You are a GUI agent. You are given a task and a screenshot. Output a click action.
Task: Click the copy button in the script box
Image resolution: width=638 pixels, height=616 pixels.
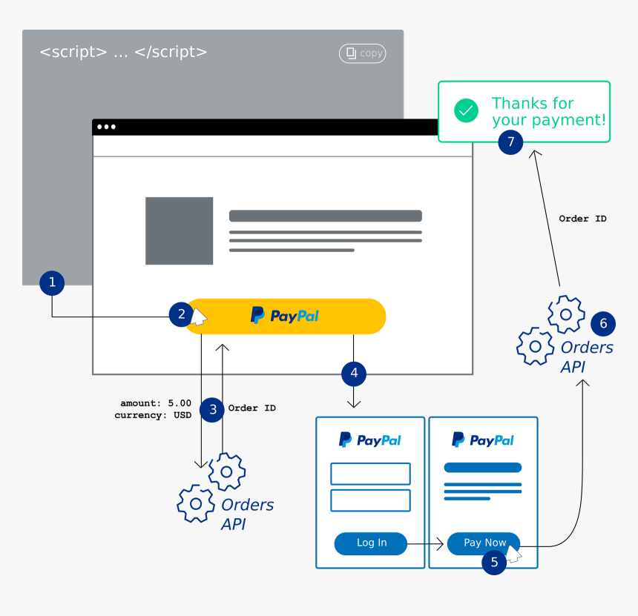pos(362,53)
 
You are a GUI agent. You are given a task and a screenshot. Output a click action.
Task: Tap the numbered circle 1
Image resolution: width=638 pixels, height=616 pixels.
pos(52,282)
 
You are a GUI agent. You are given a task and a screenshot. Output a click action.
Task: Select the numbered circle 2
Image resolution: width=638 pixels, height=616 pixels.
pos(181,314)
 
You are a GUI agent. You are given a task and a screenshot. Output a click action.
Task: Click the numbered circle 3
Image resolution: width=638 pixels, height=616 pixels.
pos(213,408)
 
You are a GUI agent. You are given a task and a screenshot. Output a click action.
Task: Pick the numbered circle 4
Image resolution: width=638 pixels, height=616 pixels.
pos(354,374)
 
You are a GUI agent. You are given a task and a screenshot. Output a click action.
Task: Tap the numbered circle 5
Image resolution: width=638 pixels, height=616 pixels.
pos(494,563)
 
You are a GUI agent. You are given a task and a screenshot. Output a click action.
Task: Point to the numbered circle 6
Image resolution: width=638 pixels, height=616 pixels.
pos(603,323)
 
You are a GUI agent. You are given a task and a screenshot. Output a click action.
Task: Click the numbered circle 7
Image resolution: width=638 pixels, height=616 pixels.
pos(510,142)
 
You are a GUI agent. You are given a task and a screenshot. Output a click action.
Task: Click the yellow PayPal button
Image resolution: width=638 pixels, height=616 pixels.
pos(286,317)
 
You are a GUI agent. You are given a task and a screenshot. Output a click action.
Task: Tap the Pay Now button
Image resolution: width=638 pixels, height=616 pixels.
pos(483,543)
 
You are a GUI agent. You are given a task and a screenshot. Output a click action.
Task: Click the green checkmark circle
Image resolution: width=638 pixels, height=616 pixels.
pos(467,111)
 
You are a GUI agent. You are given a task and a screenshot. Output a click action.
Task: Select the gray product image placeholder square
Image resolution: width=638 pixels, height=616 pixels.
pos(180,231)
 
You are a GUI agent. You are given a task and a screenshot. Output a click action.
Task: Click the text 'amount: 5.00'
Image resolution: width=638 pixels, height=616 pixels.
pos(156,403)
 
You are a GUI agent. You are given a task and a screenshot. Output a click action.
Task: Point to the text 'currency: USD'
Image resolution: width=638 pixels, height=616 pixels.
pos(153,415)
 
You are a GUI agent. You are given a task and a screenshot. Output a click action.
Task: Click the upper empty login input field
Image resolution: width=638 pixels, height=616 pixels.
pos(370,474)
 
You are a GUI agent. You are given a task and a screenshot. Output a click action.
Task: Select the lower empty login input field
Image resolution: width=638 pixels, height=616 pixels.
pos(370,500)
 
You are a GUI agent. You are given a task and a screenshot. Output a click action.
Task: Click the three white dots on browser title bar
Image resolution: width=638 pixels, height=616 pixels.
pos(106,127)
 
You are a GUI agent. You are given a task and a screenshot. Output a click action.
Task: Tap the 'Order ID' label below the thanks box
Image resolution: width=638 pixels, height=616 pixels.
pos(582,219)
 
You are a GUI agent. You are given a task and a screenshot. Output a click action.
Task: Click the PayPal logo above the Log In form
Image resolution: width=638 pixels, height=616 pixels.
pos(369,440)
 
